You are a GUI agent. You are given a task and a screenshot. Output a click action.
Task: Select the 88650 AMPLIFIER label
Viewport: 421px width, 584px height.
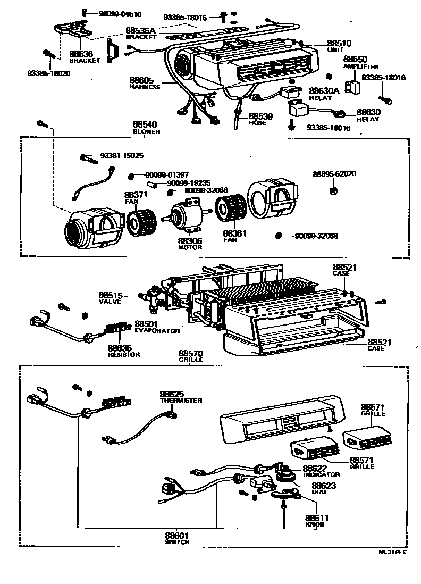tap(360, 62)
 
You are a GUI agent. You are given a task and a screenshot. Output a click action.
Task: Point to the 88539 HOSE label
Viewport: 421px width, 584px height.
tap(260, 118)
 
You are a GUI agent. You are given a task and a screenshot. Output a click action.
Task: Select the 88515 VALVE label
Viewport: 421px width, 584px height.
tap(111, 298)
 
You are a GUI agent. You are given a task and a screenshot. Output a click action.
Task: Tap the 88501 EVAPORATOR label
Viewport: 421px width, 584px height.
tap(157, 327)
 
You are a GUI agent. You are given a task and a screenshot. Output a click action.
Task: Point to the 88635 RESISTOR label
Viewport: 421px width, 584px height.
tap(123, 351)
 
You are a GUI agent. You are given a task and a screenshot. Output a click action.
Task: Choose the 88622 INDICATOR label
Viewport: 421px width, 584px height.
tap(321, 471)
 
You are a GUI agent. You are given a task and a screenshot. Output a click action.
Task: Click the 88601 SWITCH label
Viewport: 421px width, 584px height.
tap(177, 538)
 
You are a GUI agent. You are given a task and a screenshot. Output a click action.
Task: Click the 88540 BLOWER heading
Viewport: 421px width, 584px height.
tap(146, 128)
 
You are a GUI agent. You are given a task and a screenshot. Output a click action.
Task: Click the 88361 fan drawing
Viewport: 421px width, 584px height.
tap(230, 208)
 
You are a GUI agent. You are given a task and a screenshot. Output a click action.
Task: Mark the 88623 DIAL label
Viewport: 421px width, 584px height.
tap(324, 488)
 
